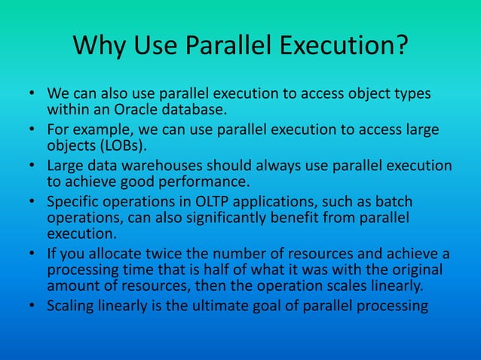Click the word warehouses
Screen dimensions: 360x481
152,166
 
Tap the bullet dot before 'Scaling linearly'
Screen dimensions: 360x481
33,307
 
